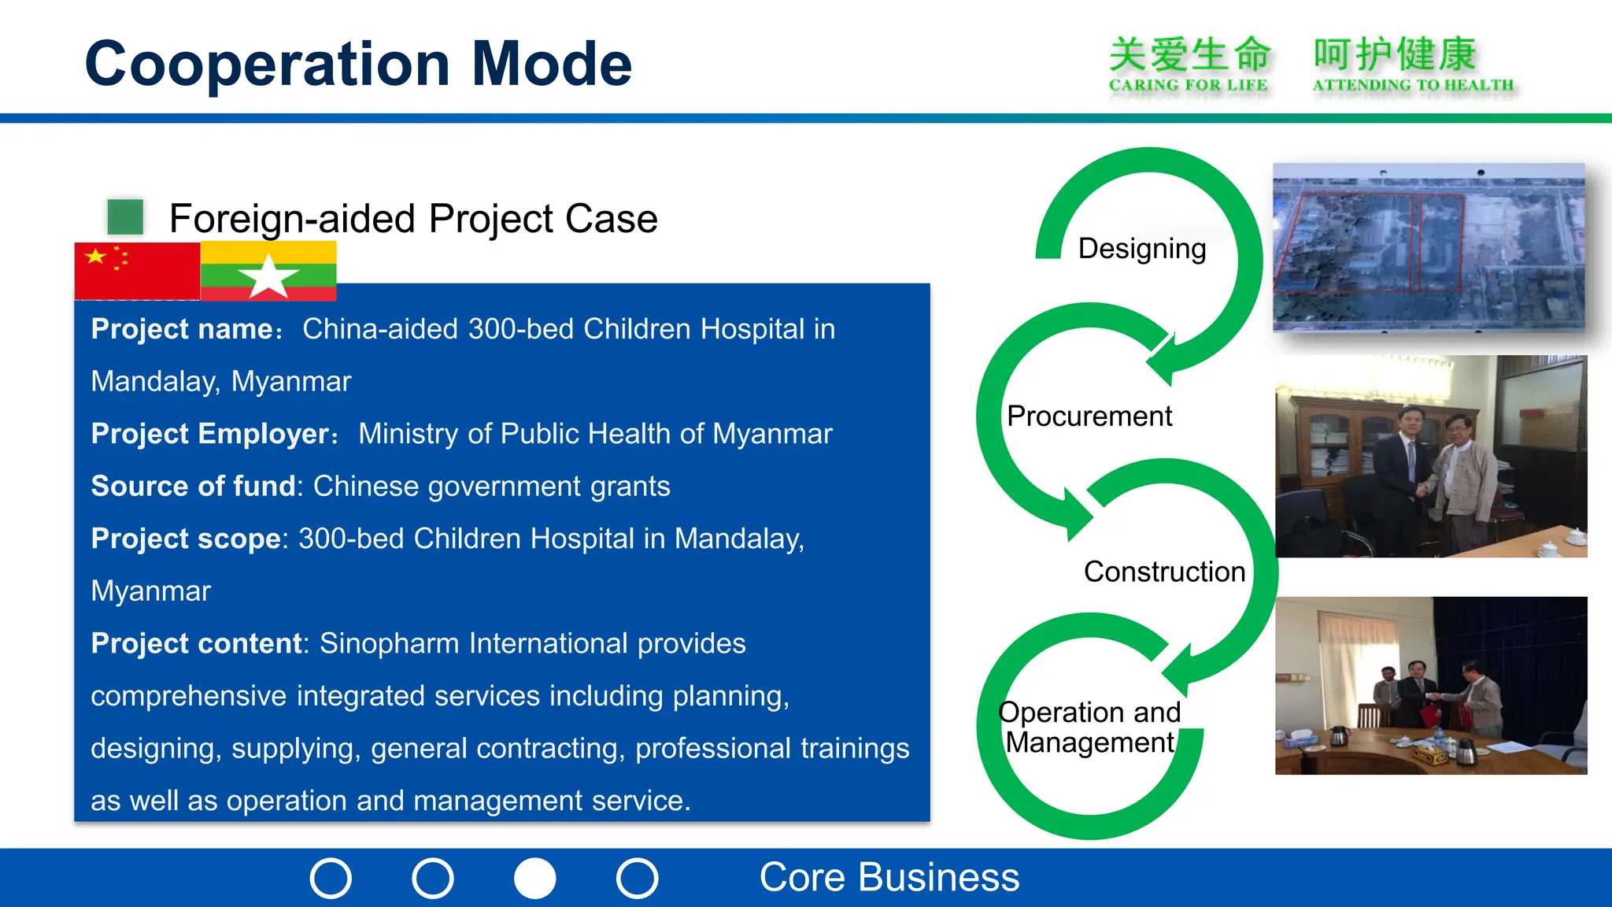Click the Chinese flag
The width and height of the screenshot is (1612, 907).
137,271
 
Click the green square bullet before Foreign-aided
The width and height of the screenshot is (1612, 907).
125,217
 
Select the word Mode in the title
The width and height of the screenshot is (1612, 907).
551,65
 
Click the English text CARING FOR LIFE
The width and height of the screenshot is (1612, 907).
1188,85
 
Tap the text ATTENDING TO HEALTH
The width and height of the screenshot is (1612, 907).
1413,85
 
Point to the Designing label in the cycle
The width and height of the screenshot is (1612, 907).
1141,249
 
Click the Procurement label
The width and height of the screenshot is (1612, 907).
1089,416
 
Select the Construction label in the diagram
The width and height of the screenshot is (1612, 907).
1164,572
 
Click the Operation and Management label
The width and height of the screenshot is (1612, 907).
1089,727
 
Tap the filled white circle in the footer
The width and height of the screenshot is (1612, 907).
535,878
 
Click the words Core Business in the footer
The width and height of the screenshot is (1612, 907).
889,878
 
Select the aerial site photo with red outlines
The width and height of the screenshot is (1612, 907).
1428,247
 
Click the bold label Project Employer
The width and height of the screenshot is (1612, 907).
210,435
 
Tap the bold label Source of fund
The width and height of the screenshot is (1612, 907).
193,487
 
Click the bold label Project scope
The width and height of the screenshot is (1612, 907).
186,539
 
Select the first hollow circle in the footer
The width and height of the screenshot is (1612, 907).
331,878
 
